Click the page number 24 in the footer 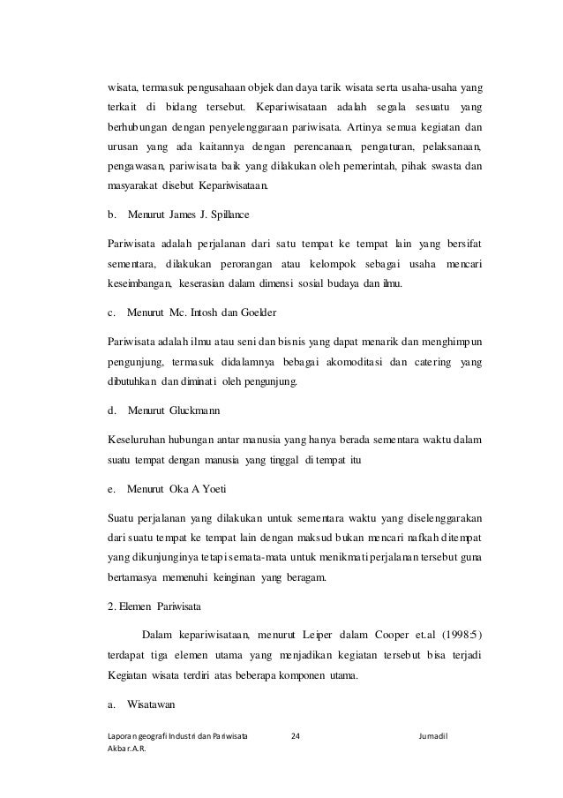(x=296, y=734)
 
